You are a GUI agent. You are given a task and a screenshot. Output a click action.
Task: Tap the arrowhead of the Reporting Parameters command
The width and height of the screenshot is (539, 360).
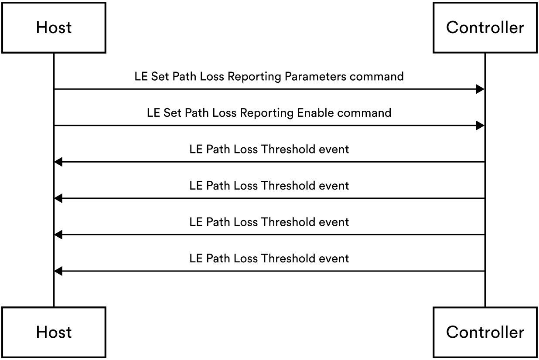point(481,89)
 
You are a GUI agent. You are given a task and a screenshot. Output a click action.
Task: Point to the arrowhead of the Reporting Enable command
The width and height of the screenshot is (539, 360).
point(481,126)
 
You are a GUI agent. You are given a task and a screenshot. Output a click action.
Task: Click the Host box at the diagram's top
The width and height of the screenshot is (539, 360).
point(54,27)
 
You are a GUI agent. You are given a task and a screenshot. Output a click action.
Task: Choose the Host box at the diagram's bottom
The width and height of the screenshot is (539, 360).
point(54,332)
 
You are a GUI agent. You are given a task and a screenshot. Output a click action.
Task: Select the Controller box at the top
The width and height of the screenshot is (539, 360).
point(485,27)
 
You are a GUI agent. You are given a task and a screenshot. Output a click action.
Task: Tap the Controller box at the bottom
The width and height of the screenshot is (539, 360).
point(485,332)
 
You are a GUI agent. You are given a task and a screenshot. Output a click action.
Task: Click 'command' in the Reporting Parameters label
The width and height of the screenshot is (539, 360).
point(377,77)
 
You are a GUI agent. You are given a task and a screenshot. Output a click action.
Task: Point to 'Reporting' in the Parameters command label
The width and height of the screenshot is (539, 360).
point(255,77)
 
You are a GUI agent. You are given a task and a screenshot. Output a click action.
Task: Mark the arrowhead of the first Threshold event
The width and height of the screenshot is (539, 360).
point(58,162)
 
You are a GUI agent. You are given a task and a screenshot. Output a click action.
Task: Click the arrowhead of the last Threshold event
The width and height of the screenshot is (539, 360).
point(58,272)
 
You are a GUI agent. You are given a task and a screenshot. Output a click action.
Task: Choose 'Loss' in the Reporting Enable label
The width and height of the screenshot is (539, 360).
point(223,113)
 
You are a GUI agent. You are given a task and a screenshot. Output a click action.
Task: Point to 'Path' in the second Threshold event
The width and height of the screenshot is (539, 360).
point(218,186)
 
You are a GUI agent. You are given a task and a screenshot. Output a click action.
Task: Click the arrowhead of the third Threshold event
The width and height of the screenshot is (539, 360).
point(58,235)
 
